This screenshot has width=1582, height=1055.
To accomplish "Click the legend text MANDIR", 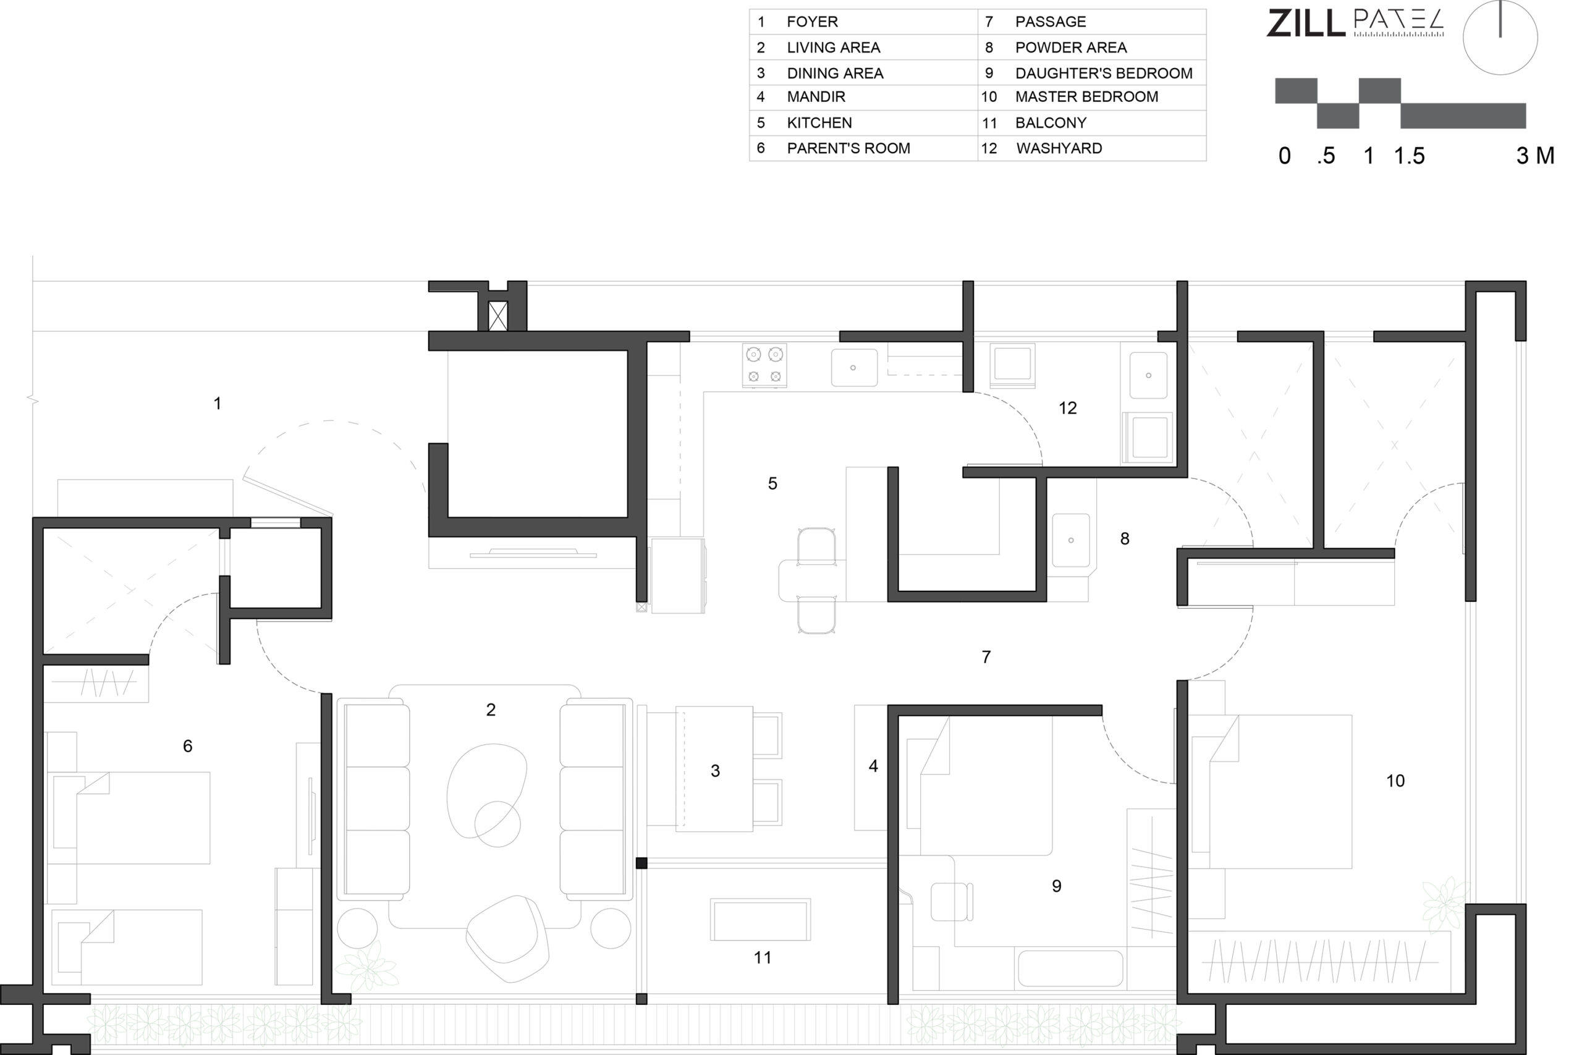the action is [x=816, y=97].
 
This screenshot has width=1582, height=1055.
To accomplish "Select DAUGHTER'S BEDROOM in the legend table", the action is [x=1104, y=74].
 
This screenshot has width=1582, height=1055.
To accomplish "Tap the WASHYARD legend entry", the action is [x=1059, y=148].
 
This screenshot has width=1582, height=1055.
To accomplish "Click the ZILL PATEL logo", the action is [x=1355, y=23].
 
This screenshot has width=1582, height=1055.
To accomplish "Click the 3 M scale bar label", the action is [x=1535, y=156].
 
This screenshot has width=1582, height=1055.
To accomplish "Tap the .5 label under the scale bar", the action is [x=1326, y=156].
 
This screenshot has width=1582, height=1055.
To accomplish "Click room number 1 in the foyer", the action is [x=218, y=403].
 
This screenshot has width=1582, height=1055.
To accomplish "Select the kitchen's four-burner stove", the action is [x=765, y=365].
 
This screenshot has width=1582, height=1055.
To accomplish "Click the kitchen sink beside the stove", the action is [x=854, y=367].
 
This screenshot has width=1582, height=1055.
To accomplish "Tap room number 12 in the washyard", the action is [x=1067, y=408].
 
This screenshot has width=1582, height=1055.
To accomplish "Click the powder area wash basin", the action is [x=1071, y=540].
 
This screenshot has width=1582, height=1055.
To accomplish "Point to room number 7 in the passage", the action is [x=986, y=657].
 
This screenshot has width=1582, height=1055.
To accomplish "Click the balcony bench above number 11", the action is [x=760, y=919].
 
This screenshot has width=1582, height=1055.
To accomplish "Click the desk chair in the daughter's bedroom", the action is [x=952, y=902].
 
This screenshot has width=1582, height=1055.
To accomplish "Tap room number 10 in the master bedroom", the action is [x=1395, y=781].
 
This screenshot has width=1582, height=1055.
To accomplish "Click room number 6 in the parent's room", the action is [x=188, y=745].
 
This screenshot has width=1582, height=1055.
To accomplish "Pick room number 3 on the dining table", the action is [x=715, y=771].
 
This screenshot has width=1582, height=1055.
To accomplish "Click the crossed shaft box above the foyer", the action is [x=497, y=316].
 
